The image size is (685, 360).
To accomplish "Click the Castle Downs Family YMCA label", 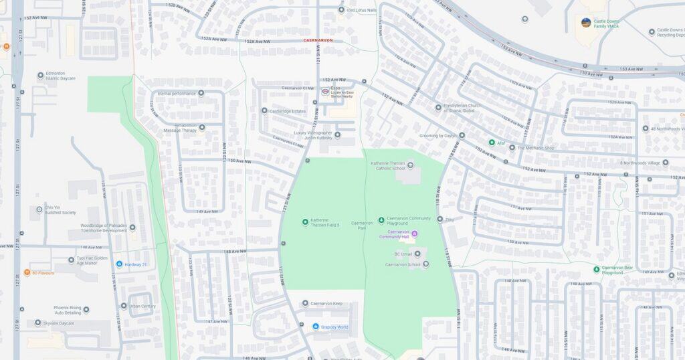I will pos(609,23).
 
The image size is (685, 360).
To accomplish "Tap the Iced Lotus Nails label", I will pos(361,10).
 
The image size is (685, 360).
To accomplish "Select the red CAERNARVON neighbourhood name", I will pos(318,41).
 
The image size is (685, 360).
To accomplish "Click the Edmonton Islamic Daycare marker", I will pos(40,76).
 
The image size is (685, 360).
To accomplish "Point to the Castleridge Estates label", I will pos(288,111).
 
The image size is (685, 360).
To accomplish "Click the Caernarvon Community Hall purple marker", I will pos(414,234).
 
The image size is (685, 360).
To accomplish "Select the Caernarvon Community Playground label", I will pos(409,220).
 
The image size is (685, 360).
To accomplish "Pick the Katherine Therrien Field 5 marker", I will pos(305,221).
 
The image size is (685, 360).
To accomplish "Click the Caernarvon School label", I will pos(403,264).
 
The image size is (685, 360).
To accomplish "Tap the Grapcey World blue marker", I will pos(316,327).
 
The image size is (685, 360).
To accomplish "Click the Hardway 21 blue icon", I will pos(119,264).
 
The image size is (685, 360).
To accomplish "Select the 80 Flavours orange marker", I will pos(27,272).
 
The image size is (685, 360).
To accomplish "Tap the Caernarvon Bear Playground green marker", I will pos(596,270).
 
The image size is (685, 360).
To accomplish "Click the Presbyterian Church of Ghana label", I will pos(468,108).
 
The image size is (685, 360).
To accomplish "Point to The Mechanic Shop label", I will pos(536,148).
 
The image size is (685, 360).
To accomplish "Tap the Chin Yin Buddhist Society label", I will pos(60,210).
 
